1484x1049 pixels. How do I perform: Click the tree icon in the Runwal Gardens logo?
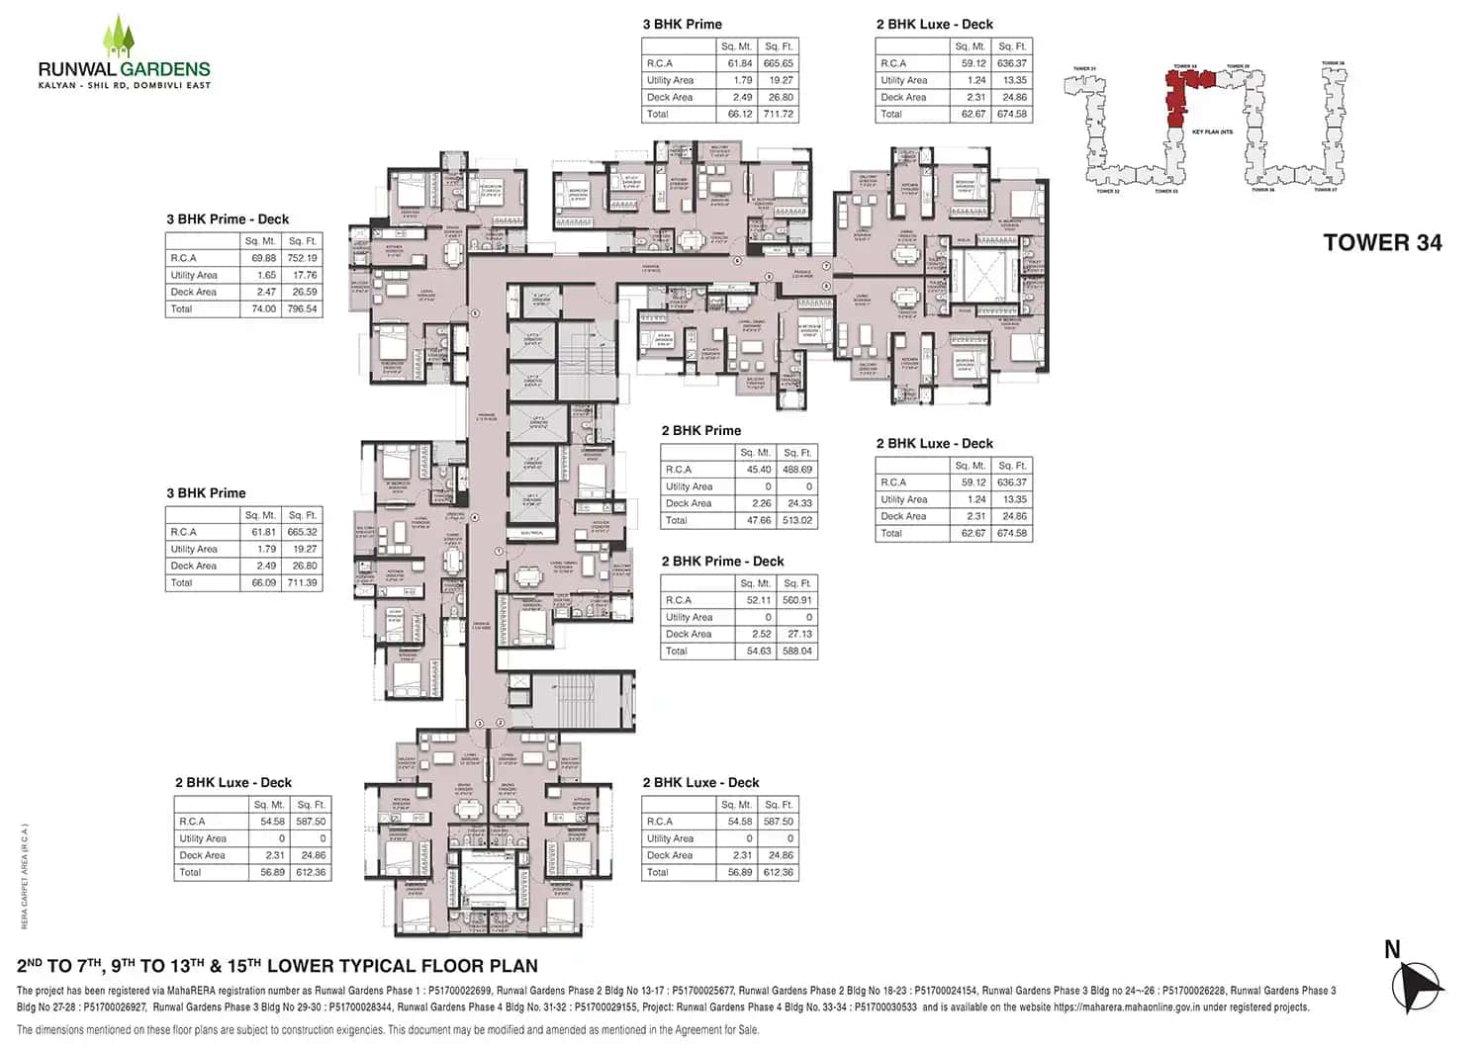119,37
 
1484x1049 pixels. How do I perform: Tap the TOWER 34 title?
1382,243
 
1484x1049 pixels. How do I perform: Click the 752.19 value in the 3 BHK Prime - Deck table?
302,258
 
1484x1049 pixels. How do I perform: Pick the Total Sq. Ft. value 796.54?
302,308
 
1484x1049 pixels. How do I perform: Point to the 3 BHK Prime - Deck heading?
228,219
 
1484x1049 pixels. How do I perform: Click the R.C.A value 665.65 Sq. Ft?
778,63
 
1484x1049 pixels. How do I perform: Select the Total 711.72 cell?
778,114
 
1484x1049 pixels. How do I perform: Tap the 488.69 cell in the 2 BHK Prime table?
796,470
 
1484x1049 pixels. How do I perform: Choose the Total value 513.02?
796,520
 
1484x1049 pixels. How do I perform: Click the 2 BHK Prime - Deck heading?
722,562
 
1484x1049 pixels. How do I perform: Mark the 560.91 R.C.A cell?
796,600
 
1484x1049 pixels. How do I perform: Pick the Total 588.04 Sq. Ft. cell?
796,651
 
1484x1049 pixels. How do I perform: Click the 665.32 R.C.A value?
302,532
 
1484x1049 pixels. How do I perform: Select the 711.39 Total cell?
302,582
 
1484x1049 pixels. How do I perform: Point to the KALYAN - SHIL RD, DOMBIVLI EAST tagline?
124,86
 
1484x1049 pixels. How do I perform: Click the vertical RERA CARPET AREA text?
25,876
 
